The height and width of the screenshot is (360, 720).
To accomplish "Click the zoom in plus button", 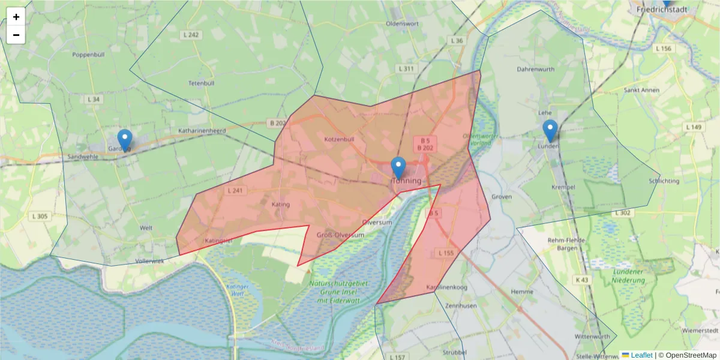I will coord(16,17).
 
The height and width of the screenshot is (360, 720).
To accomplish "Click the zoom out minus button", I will coord(16,35).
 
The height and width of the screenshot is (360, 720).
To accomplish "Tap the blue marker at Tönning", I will coord(398,167).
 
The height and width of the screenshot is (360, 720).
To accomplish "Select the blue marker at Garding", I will coord(124,140).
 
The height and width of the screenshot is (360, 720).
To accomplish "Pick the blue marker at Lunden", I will coord(550,130).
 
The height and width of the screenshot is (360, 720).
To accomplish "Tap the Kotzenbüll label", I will coord(339,139).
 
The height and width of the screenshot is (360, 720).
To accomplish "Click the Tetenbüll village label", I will coord(201,83).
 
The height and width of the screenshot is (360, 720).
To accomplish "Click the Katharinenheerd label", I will coord(201,130).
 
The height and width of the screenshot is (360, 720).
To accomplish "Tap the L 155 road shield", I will coord(446,253).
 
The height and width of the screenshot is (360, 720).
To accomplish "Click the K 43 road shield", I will coord(581,280).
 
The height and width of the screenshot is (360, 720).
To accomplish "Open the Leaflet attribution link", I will coord(641,355).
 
